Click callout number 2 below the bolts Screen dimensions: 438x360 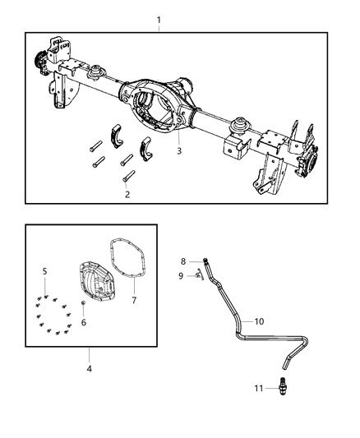pos(127,195)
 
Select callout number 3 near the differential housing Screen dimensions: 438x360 pos(178,150)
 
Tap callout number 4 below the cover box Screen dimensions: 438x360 pos(89,369)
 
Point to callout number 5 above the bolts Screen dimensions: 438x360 pos(45,270)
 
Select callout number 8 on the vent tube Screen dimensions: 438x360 pos(184,261)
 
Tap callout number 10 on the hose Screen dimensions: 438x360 pos(259,321)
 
